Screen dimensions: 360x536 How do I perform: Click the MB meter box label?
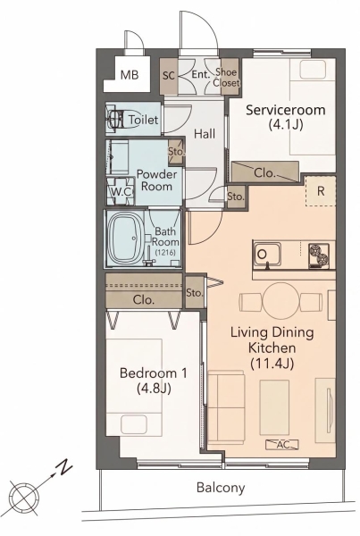tap(130, 75)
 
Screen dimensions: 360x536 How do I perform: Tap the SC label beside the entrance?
tap(169, 76)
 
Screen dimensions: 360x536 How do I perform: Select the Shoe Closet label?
tap(226, 77)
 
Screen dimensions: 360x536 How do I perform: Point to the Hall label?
tap(205, 134)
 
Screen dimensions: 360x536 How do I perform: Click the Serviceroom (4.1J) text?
tap(286, 117)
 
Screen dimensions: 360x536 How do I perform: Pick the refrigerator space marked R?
tap(321, 191)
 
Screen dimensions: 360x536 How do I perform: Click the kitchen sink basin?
tap(267, 255)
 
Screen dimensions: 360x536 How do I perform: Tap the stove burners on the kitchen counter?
tap(318, 255)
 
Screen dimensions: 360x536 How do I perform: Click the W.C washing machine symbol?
tap(121, 191)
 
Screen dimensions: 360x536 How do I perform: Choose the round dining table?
tap(280, 301)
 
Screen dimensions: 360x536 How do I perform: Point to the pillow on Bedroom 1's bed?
tap(134, 424)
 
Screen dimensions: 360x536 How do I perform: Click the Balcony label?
tap(221, 488)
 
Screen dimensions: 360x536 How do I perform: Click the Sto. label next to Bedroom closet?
tap(195, 293)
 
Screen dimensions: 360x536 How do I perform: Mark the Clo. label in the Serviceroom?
tap(264, 173)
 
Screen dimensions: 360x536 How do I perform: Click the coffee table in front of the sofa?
tap(274, 407)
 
